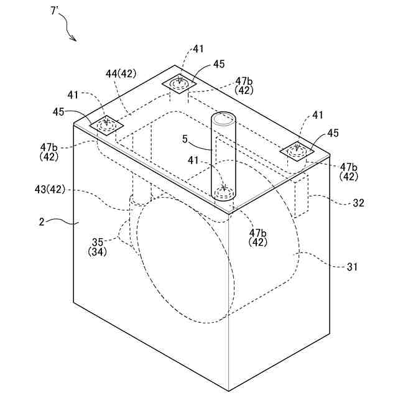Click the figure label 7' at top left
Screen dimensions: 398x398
click(x=55, y=12)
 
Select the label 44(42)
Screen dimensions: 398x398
click(x=121, y=74)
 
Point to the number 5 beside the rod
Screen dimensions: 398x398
click(x=185, y=140)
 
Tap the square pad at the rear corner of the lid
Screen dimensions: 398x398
click(x=180, y=83)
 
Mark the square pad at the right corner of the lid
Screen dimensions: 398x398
click(x=298, y=150)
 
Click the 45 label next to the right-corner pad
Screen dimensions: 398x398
click(x=333, y=133)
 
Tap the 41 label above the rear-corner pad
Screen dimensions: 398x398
click(x=198, y=48)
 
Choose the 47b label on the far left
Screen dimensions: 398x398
click(x=50, y=147)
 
